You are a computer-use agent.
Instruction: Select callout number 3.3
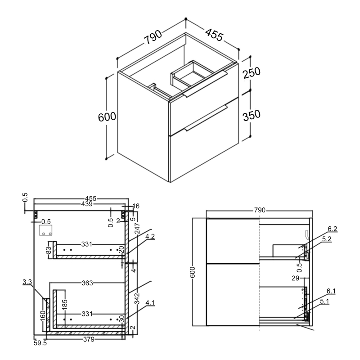(27, 282)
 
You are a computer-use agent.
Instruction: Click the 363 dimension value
(87, 283)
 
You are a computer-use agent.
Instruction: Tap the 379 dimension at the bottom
(89, 340)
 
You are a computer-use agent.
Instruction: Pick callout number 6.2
(331, 229)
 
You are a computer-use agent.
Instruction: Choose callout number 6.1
(331, 291)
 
